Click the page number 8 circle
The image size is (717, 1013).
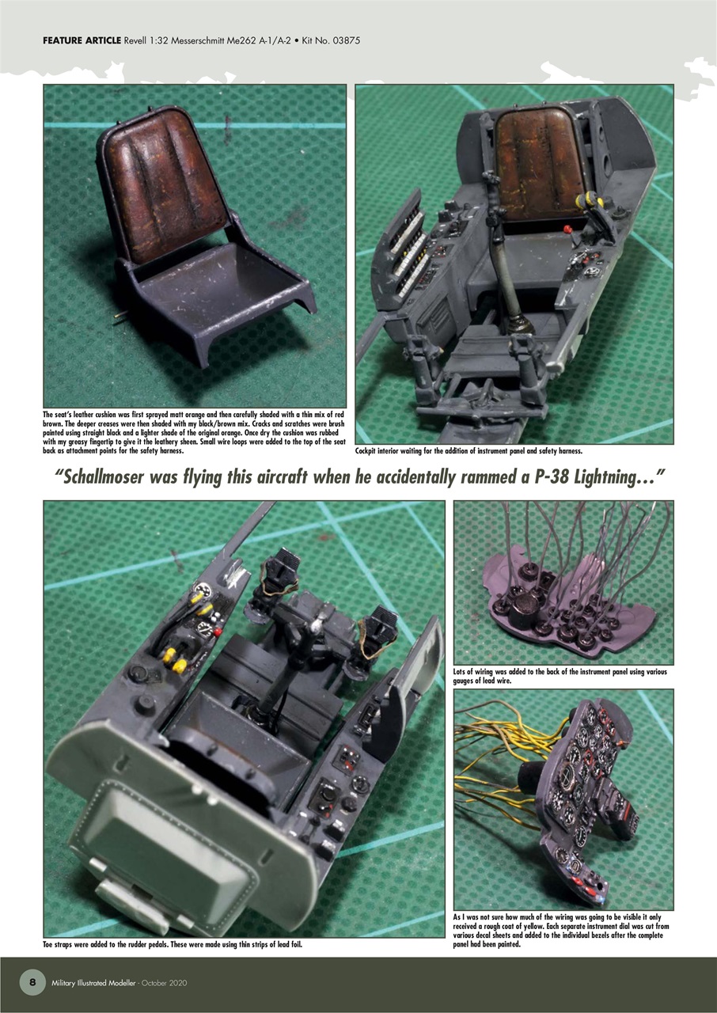point(32,982)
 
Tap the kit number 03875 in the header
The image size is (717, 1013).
point(346,40)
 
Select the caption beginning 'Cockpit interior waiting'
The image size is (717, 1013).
point(469,450)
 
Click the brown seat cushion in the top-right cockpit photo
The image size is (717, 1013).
point(540,162)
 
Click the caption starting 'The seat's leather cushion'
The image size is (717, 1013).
point(195,432)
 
